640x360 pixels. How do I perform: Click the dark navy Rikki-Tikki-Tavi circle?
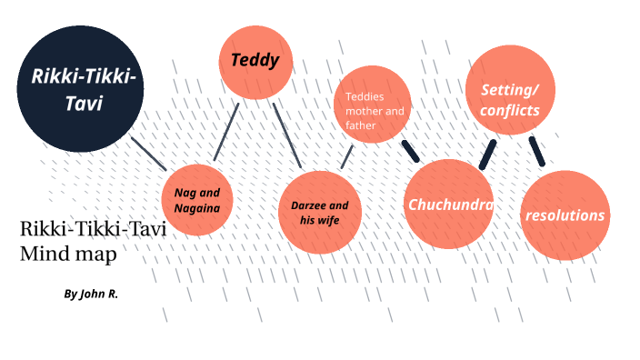pos(80,89)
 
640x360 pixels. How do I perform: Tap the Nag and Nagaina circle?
pos(197,200)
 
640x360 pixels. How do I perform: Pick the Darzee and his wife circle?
pos(320,213)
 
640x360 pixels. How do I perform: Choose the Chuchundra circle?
pos(449,204)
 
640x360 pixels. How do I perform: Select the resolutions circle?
pos(565,215)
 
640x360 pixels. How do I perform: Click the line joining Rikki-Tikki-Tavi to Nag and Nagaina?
pos(148,154)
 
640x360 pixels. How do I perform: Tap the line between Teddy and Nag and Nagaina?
pos(226,132)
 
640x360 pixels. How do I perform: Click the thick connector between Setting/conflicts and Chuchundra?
pos(487,154)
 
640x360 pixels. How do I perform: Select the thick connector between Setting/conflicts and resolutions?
pos(536,151)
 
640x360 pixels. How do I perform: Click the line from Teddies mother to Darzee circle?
pos(346,156)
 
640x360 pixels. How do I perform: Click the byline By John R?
pos(91,295)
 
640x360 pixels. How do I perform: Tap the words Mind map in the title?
pos(68,254)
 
